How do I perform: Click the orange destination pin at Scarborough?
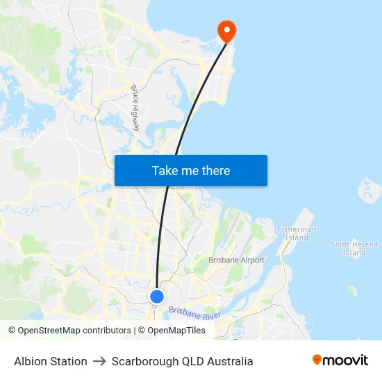pyautogui.click(x=226, y=30)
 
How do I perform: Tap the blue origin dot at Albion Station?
pyautogui.click(x=157, y=297)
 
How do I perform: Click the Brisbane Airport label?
pyautogui.click(x=237, y=260)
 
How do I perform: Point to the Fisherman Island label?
pyautogui.click(x=297, y=233)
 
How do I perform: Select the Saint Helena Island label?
pyautogui.click(x=354, y=249)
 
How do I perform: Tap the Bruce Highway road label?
pyautogui.click(x=136, y=108)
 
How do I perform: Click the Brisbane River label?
pyautogui.click(x=194, y=313)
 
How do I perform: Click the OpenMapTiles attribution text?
pyautogui.click(x=176, y=331)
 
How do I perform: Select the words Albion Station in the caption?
pyautogui.click(x=51, y=361)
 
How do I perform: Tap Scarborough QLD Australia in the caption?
pyautogui.click(x=182, y=361)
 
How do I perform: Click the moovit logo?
pyautogui.click(x=340, y=360)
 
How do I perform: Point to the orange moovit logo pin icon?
pyautogui.click(x=317, y=360)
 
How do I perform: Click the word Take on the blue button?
pyautogui.click(x=165, y=171)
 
